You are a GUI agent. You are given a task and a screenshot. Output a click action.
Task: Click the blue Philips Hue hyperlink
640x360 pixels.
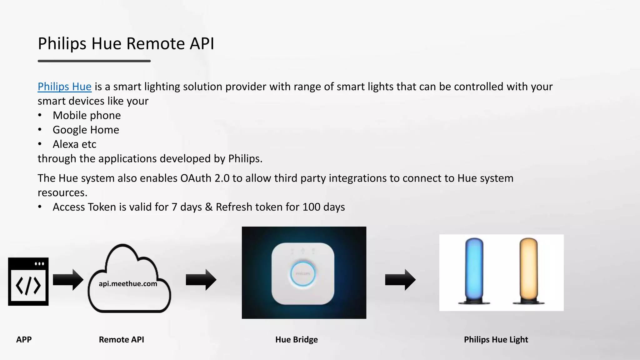click(x=64, y=87)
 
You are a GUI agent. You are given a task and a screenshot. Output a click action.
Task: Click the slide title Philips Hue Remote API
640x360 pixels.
click(x=126, y=43)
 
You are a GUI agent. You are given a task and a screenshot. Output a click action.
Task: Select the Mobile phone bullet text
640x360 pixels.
click(x=87, y=115)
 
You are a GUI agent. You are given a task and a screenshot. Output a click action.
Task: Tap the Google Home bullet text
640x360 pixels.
click(x=86, y=130)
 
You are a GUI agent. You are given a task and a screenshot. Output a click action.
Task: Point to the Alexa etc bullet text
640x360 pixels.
click(x=74, y=144)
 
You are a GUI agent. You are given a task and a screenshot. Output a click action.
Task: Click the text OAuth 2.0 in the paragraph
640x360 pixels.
click(x=205, y=178)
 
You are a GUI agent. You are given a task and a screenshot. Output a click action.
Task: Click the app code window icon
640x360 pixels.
click(x=28, y=282)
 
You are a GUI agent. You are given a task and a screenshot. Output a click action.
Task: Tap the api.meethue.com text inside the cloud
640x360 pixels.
click(x=128, y=284)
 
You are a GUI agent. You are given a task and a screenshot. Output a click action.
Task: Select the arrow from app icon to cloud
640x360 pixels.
click(x=68, y=279)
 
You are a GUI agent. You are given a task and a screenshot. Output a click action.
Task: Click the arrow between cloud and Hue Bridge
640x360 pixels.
click(x=201, y=279)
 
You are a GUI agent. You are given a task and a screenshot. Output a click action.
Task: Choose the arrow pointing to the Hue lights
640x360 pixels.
click(x=400, y=279)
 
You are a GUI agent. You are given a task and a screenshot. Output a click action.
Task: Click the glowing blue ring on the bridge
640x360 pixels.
click(x=302, y=274)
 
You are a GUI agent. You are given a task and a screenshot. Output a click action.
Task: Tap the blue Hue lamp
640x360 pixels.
click(x=474, y=271)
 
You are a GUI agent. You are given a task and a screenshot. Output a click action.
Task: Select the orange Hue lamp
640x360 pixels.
click(x=528, y=271)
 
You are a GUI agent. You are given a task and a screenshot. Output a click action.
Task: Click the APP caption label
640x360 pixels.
click(x=24, y=339)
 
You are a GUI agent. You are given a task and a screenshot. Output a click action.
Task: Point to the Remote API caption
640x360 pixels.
click(x=121, y=339)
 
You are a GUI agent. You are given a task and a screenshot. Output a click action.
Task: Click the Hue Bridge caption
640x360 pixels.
click(x=296, y=339)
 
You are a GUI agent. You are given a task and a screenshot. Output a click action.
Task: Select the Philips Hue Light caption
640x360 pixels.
click(x=496, y=339)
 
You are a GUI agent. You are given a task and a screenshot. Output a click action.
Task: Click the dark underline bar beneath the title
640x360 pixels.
click(x=94, y=61)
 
